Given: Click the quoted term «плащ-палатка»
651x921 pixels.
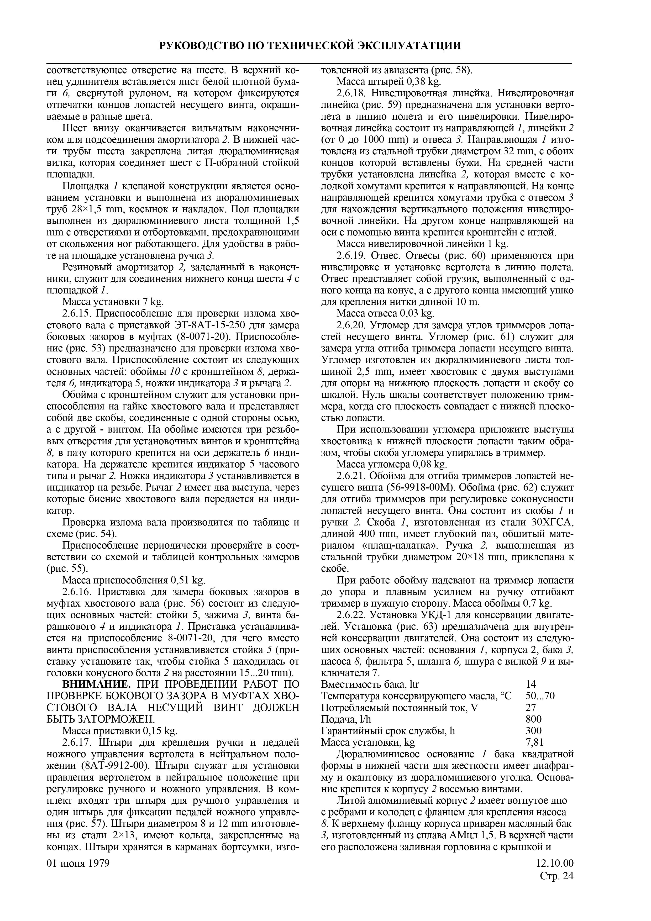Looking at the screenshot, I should (398, 546).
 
